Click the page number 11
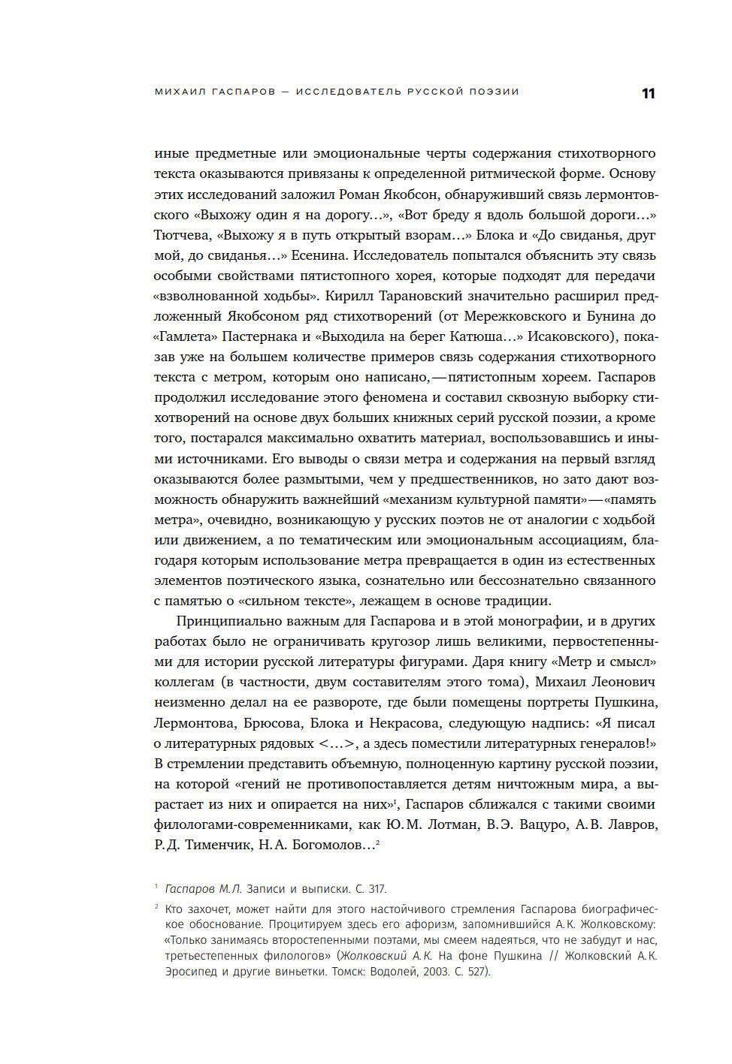click(648, 94)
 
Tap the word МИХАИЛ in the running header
click(177, 92)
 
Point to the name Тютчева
click(181, 235)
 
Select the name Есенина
click(319, 255)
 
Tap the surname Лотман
click(452, 824)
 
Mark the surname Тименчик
click(217, 845)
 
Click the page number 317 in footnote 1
click(377, 889)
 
